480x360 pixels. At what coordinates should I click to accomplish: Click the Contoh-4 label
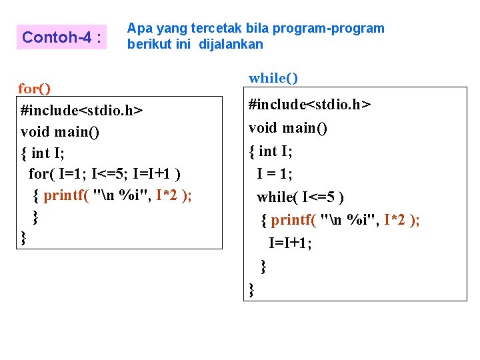61,37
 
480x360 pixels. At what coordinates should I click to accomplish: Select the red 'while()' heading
273,78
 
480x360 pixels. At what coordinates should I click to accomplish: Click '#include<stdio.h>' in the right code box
310,105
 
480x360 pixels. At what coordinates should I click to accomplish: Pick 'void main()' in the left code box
60,131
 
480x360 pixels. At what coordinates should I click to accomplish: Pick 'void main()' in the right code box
288,127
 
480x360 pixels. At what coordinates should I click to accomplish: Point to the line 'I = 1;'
275,173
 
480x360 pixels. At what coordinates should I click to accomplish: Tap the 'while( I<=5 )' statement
301,197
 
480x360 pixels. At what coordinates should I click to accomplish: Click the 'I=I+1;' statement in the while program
290,243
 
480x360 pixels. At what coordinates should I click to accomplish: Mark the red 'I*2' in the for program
167,195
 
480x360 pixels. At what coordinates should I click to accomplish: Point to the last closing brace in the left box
24,237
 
